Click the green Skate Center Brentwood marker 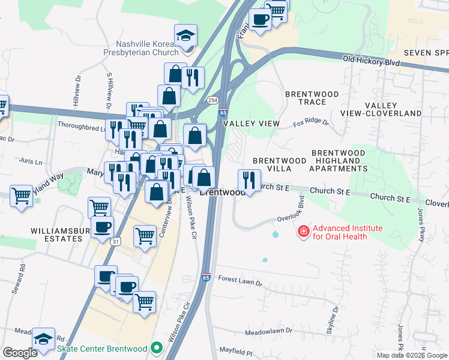tap(157, 347)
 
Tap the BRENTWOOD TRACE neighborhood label tap(312, 98)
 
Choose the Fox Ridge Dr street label tap(311, 123)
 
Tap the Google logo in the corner tap(20, 353)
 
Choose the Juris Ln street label tap(31, 161)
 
